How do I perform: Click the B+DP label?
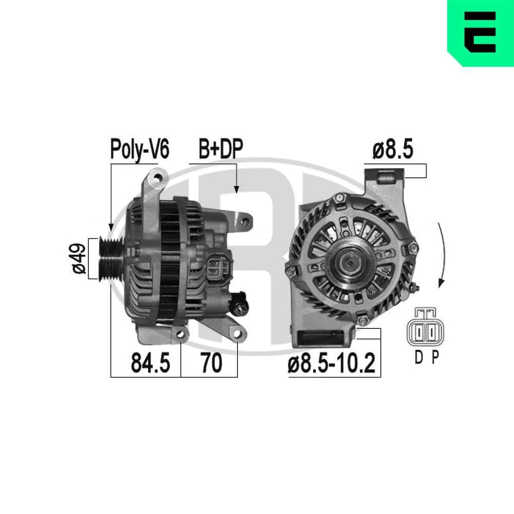(221, 149)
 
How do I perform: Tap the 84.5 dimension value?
(150, 363)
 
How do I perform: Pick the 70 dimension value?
(211, 363)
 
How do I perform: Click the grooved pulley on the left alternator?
(109, 259)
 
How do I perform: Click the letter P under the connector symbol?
(435, 358)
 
